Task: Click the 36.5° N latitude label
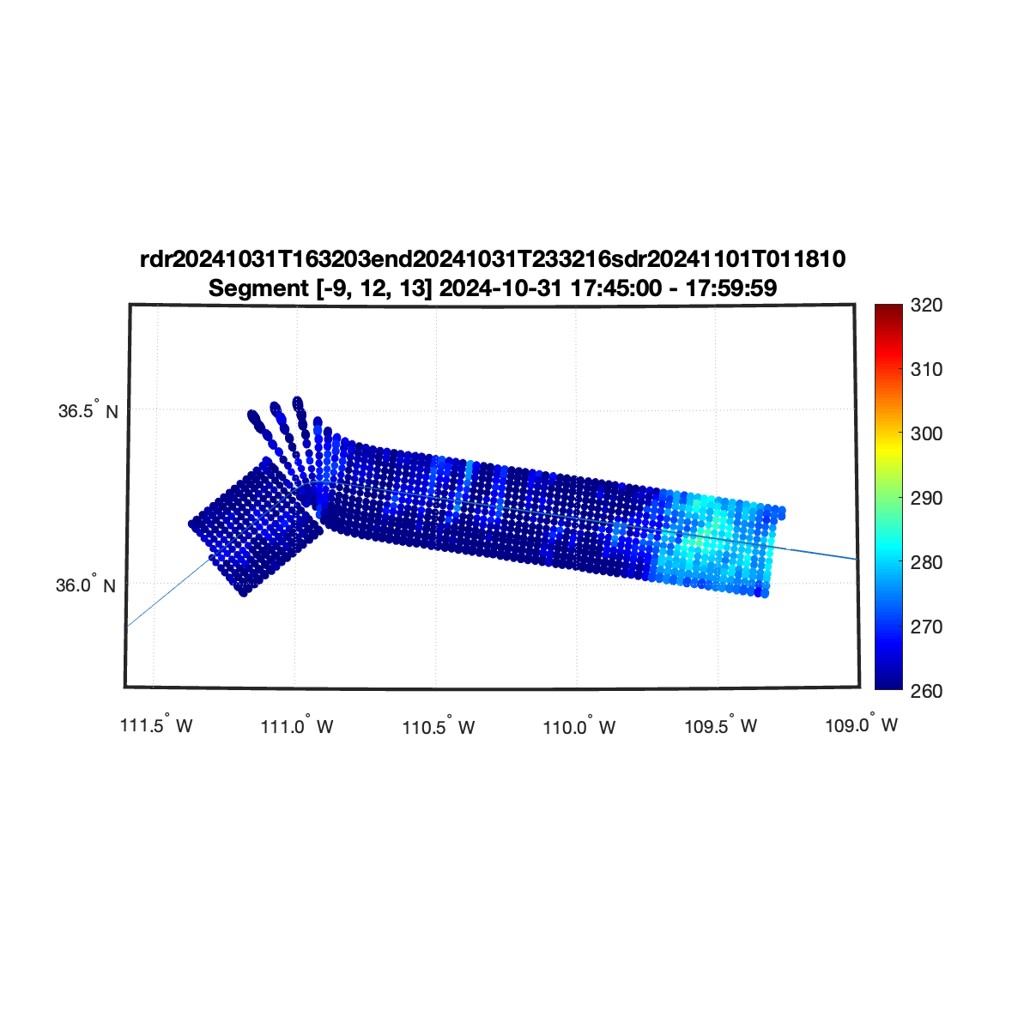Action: click(x=88, y=410)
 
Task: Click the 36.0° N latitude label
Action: click(x=86, y=585)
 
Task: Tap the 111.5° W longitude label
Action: click(x=156, y=724)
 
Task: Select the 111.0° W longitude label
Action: click(x=297, y=726)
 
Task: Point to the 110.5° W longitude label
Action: click(x=439, y=727)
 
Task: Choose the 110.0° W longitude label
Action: click(x=579, y=727)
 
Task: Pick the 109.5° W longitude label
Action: click(x=720, y=726)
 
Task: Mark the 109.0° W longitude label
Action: click(x=861, y=724)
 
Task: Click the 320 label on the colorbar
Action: click(x=926, y=306)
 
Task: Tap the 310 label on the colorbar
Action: click(x=926, y=369)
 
